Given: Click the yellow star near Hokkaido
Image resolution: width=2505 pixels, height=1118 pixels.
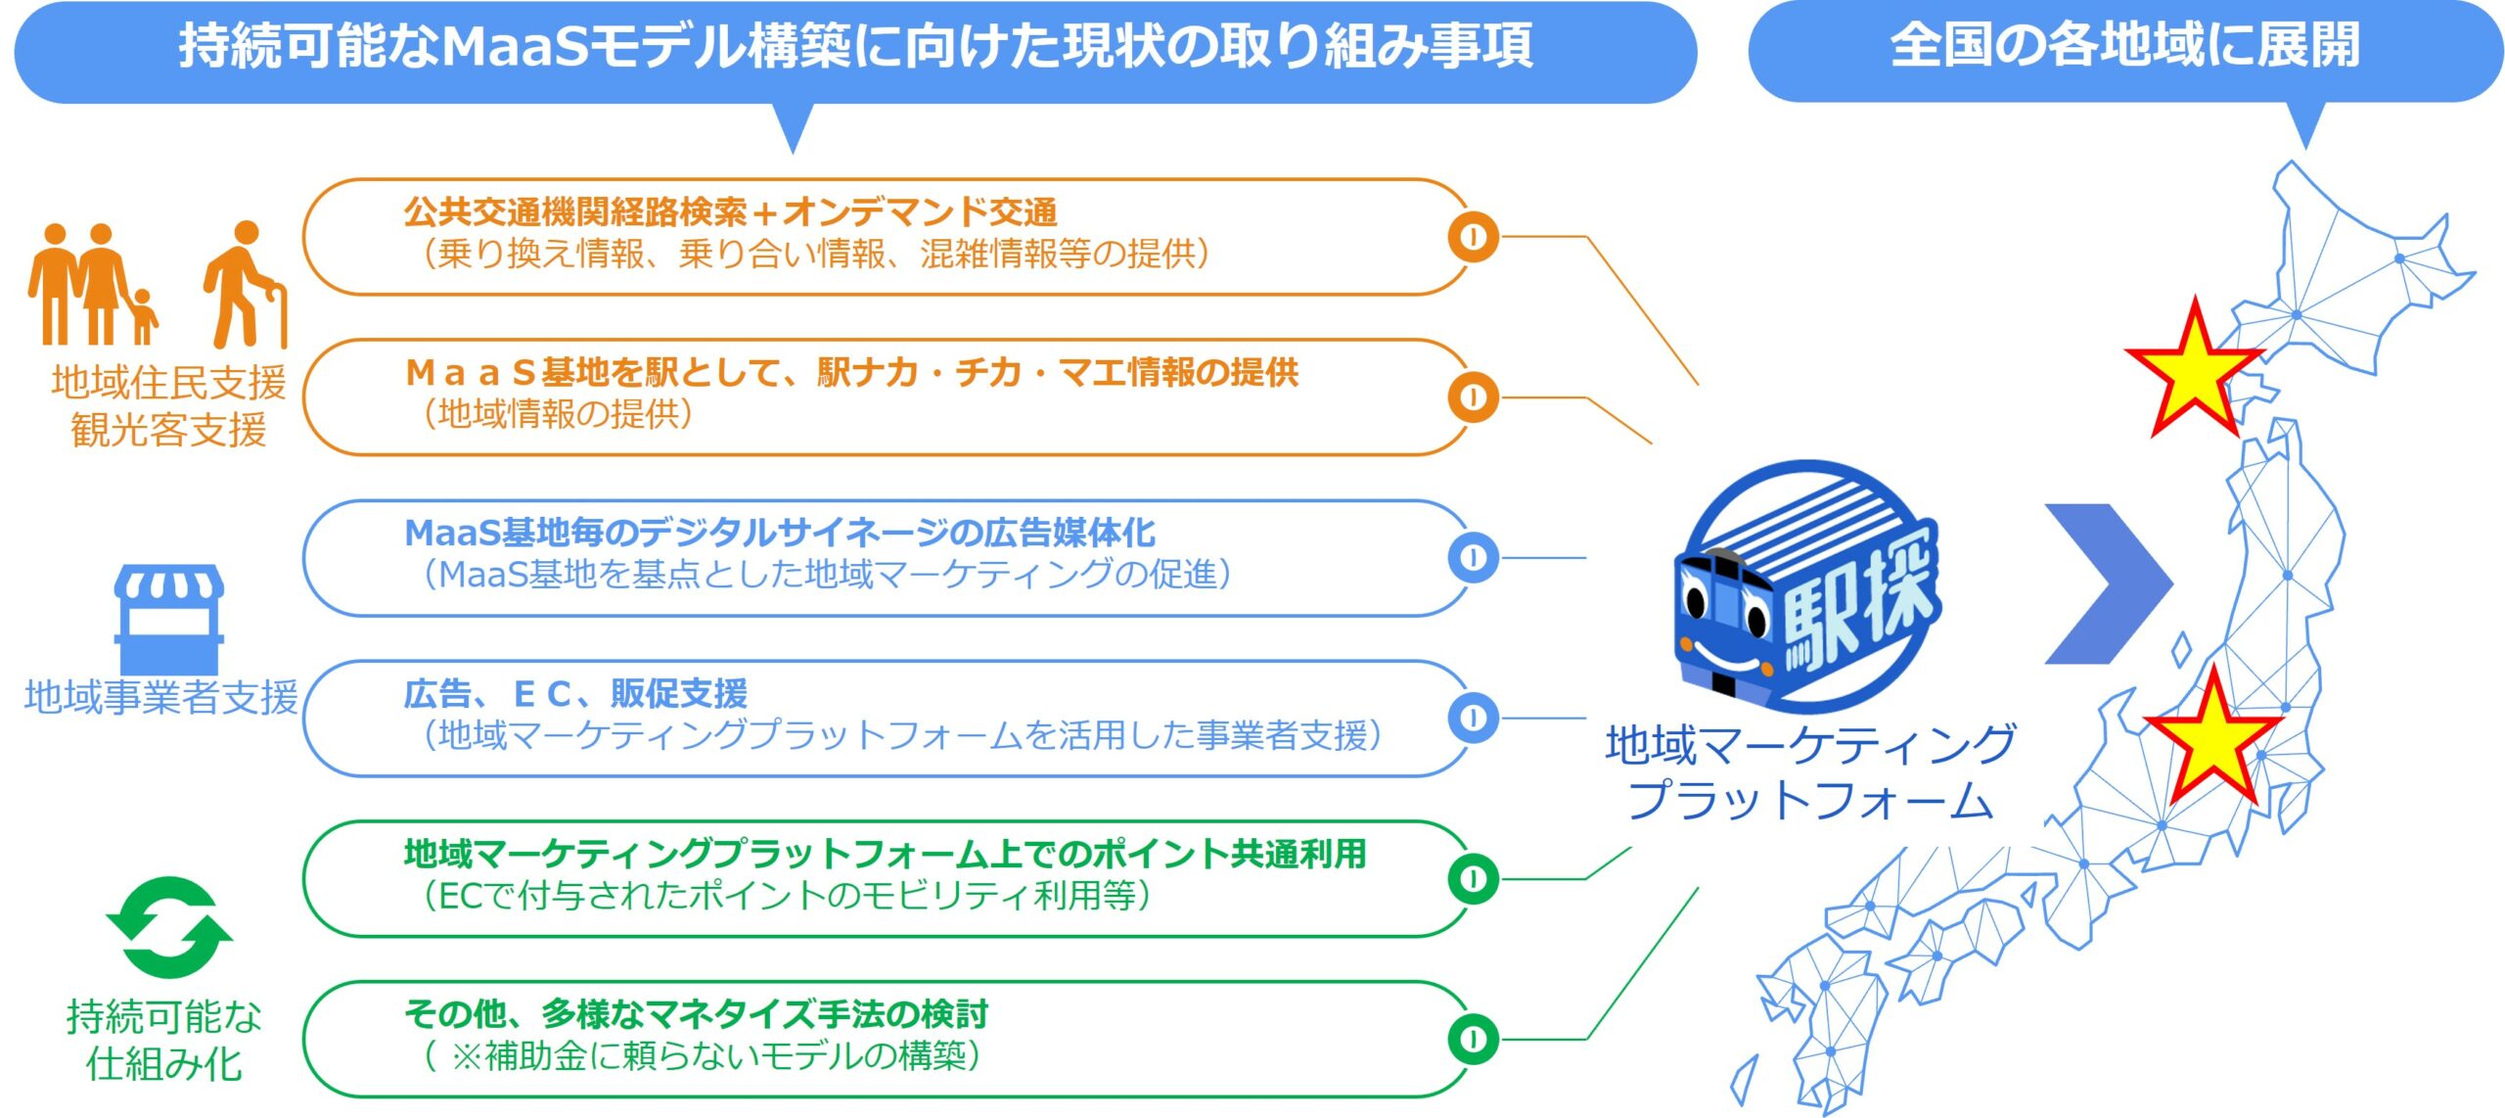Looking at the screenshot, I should coord(2194,371).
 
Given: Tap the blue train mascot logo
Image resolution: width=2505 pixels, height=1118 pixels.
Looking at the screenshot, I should coord(1806,587).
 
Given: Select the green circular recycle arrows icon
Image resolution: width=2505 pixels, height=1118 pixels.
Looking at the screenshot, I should coord(169,926).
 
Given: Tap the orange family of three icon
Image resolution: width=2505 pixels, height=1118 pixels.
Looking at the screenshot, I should coord(92,285).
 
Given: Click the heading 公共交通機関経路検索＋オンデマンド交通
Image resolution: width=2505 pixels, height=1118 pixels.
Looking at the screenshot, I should coord(730,211).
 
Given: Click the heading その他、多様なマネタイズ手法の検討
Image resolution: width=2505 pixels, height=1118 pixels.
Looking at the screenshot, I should coord(696,1013).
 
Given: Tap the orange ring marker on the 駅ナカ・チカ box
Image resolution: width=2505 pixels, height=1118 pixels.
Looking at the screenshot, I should coord(1473,397).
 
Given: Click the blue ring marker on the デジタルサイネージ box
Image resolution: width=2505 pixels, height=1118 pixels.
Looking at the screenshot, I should coord(1473,557).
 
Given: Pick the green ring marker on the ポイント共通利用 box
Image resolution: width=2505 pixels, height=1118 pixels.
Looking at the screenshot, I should coord(1473,878).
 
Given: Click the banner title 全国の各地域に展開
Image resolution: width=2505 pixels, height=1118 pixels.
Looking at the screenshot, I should coord(2124,46).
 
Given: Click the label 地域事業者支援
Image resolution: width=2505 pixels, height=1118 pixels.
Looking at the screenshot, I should coord(161,697).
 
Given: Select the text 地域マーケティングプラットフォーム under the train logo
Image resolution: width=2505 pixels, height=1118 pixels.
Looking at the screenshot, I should coord(1810,771).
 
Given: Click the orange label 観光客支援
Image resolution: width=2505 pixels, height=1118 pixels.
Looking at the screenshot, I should coord(168,430).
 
